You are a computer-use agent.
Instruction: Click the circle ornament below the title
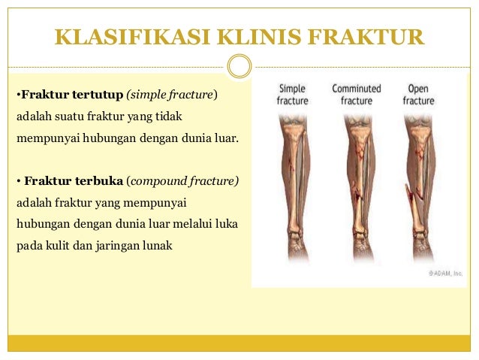pyautogui.click(x=239, y=66)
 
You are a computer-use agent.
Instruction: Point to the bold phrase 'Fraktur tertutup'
pyautogui.click(x=71, y=95)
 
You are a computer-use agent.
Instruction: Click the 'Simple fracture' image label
pyautogui.click(x=293, y=94)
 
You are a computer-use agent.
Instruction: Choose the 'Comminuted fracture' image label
pyautogui.click(x=357, y=94)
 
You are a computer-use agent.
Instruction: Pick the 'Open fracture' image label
pyautogui.click(x=418, y=94)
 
